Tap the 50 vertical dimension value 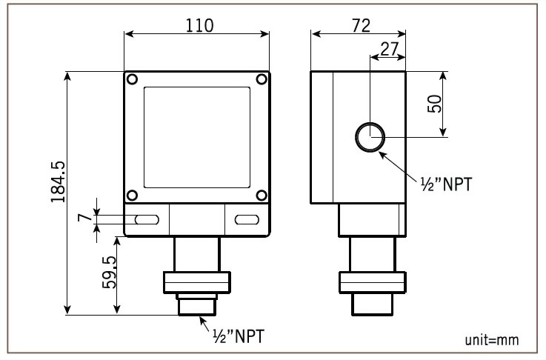436,104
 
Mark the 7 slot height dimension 84,219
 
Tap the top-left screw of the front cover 131,79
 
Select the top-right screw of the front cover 262,79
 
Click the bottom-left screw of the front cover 131,196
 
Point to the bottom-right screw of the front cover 262,196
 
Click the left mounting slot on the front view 146,219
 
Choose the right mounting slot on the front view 247,219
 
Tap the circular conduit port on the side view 369,136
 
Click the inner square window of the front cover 196,137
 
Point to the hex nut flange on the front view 196,281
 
